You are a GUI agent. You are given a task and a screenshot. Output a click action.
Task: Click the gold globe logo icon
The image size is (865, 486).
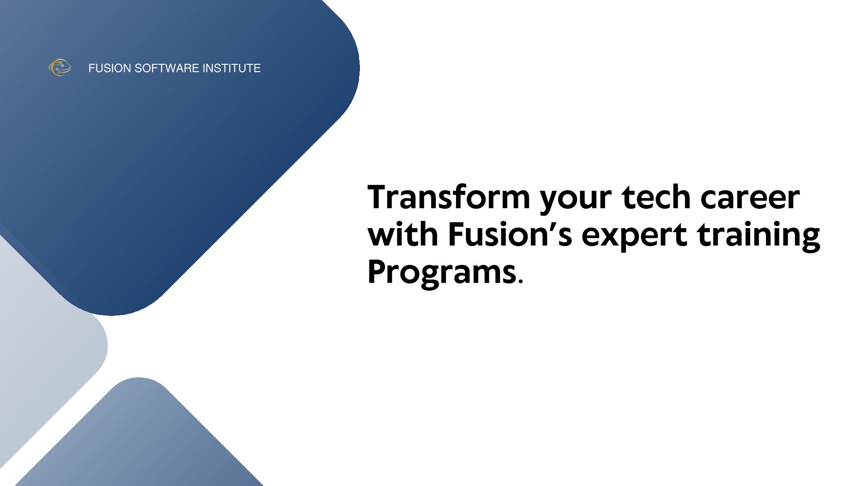click(x=60, y=67)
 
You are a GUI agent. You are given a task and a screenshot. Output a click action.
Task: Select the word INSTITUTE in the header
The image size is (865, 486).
click(x=232, y=68)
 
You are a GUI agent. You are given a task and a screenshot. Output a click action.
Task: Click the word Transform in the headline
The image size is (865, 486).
click(x=449, y=197)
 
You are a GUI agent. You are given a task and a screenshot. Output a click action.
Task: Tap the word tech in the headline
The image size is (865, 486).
click(x=656, y=197)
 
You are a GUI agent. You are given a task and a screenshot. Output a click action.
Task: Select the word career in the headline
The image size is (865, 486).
click(x=750, y=200)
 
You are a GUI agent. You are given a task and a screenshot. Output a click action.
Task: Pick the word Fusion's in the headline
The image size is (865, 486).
click(x=510, y=234)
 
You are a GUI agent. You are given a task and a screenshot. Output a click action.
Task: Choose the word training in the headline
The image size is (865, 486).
click(x=759, y=237)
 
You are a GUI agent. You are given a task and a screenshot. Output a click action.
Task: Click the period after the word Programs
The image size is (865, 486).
click(x=520, y=282)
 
